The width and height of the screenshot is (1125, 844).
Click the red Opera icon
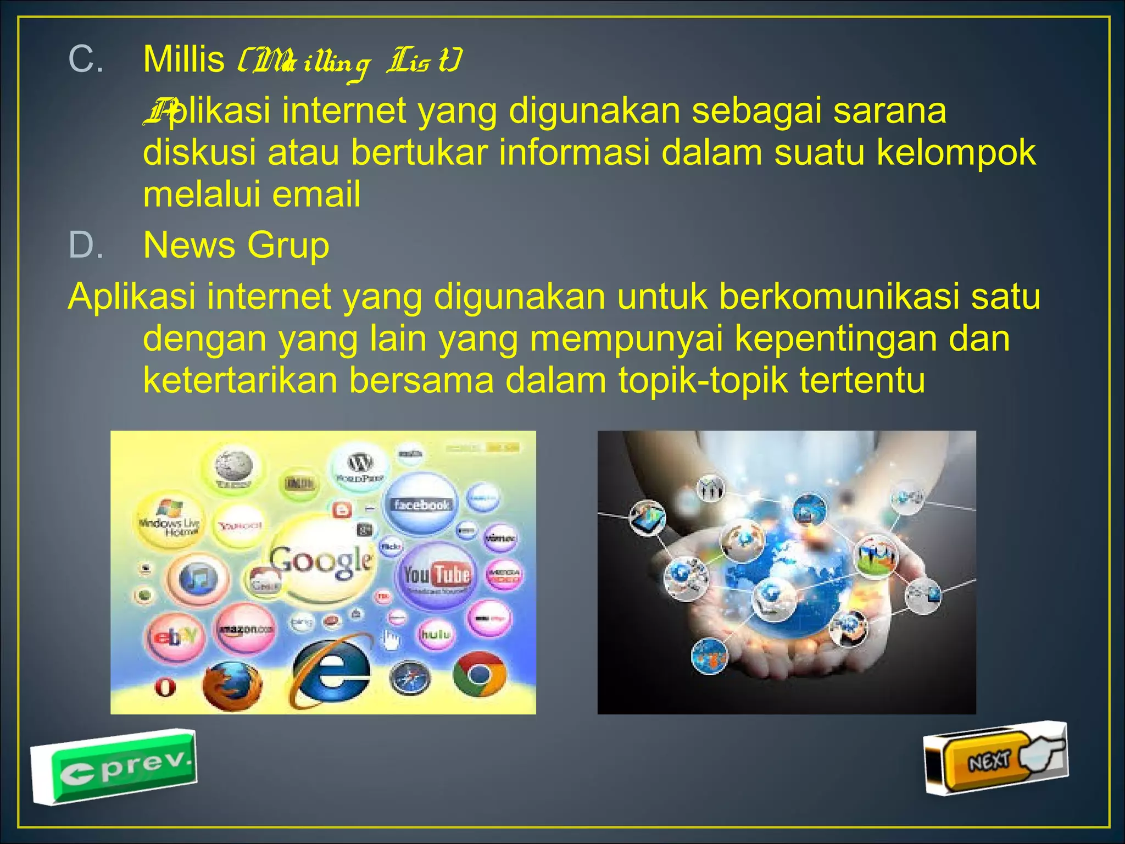tap(165, 687)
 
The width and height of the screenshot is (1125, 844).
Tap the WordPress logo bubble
tap(360, 467)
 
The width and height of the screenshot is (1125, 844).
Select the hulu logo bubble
tap(436, 634)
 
